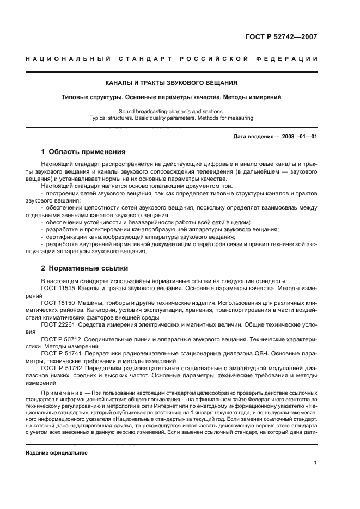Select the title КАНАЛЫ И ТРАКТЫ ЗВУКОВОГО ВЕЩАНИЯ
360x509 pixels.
coord(171,83)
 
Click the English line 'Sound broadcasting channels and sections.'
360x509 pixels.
coord(171,111)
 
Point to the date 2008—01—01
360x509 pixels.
coord(297,136)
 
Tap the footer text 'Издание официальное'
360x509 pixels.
coord(57,452)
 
